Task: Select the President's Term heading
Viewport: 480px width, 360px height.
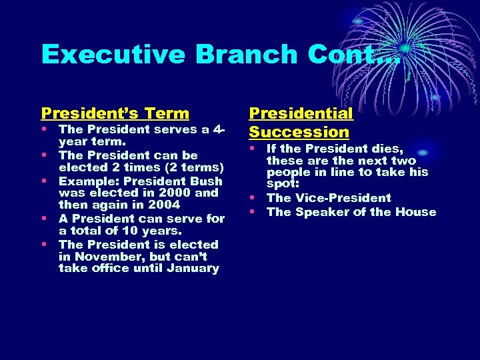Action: coord(115,113)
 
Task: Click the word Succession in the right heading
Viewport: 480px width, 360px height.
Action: coord(299,132)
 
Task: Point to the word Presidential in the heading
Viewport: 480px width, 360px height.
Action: coord(301,113)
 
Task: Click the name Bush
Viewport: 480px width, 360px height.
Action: coord(207,181)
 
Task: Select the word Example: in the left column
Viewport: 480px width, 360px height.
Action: coord(85,181)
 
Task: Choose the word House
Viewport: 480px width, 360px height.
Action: coord(417,213)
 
